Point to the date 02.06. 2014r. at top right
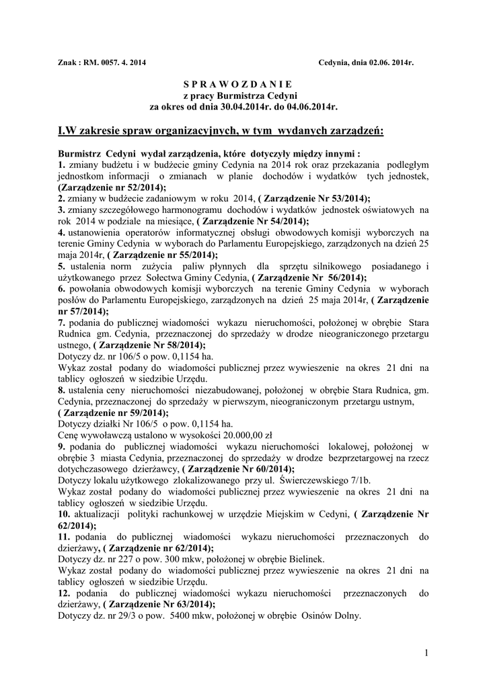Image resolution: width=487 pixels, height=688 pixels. (x=387, y=62)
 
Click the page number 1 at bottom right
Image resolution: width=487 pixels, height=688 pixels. (x=426, y=652)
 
